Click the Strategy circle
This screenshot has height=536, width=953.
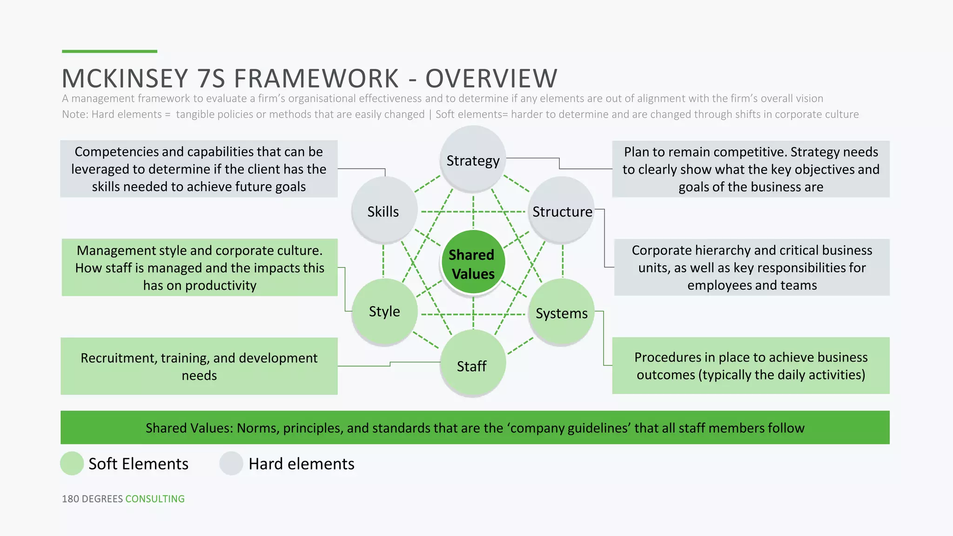[x=473, y=159]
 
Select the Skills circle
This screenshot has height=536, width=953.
[x=384, y=210]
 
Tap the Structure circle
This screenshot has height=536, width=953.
[x=562, y=210]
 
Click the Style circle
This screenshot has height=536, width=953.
[x=384, y=311]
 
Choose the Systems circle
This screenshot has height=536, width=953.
[x=561, y=312]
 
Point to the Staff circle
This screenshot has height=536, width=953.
[x=472, y=364]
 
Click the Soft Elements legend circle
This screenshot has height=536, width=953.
[x=72, y=463]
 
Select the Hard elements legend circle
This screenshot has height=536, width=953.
[x=231, y=463]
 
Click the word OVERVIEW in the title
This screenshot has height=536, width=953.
[x=491, y=78]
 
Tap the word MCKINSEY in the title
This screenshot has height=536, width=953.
[x=125, y=78]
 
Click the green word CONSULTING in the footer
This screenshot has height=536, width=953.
[x=155, y=499]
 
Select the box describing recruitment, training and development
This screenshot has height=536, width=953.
[x=199, y=366]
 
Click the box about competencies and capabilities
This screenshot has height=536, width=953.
[x=199, y=169]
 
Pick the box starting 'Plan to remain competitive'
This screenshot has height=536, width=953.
[x=751, y=169]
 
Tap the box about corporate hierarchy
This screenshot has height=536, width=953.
[x=752, y=268]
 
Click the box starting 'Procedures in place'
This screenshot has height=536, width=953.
[x=751, y=366]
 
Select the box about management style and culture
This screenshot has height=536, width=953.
[x=200, y=268]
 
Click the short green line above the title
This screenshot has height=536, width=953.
[x=109, y=51]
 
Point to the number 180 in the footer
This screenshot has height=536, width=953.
[x=70, y=499]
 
